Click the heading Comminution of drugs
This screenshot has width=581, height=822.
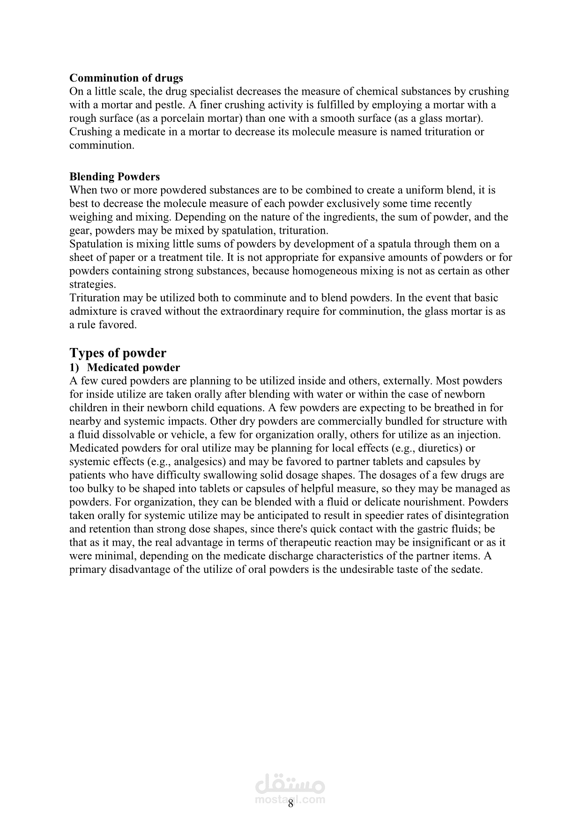pos(126,78)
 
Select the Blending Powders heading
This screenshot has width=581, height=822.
pos(114,177)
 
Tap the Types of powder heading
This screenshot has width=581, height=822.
pos(118,353)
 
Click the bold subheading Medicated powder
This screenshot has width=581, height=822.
pos(134,368)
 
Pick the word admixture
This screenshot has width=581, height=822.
pos(93,311)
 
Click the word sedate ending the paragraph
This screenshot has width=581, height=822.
pos(467,570)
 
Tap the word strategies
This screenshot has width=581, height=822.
pos(92,284)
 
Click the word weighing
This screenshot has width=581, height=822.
pos(89,217)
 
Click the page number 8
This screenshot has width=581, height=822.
pos(290,804)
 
